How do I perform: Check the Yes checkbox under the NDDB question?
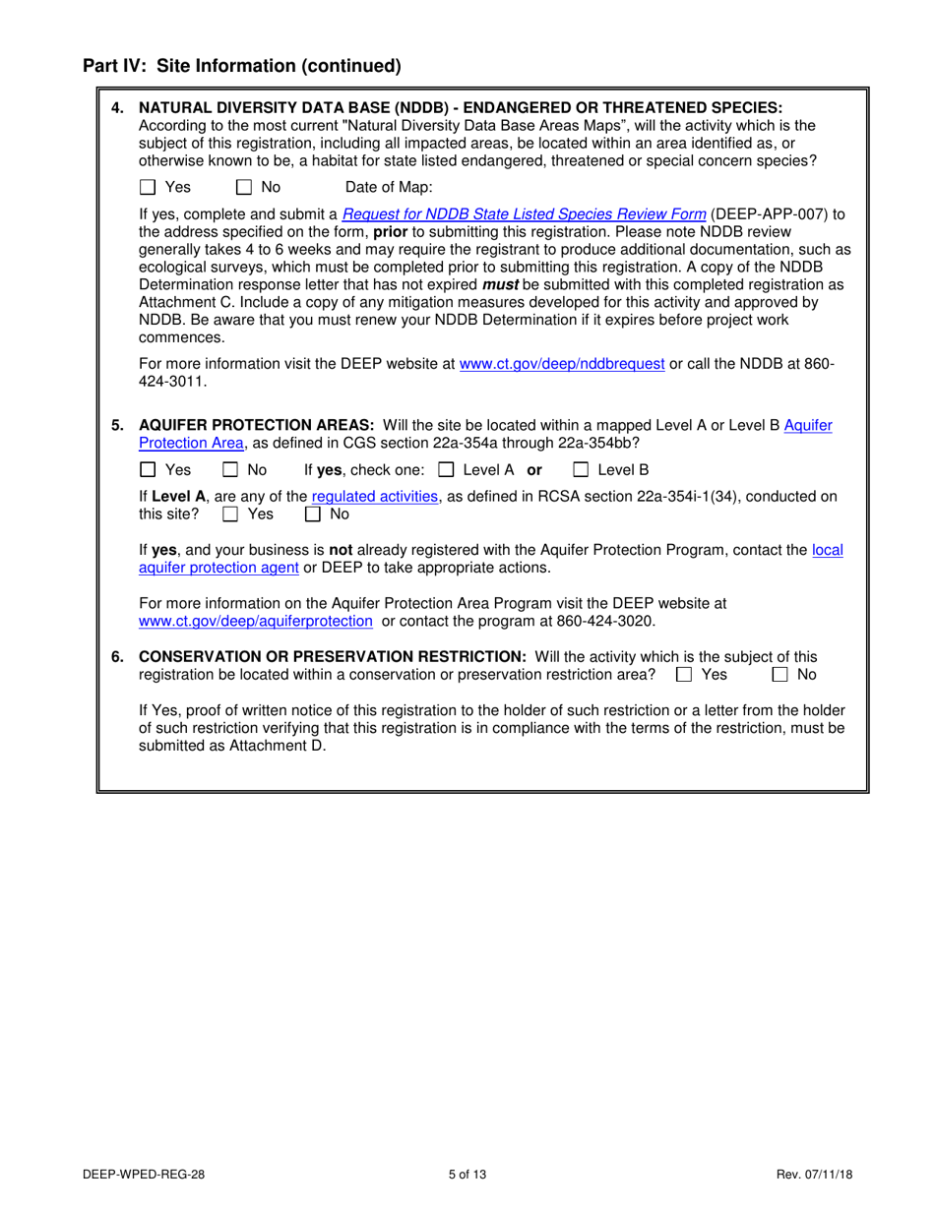(149, 187)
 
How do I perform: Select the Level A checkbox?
(446, 470)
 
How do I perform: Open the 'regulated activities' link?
(375, 497)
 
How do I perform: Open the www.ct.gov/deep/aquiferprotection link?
(256, 621)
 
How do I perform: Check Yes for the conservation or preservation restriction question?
(685, 675)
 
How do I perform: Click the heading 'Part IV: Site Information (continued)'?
(242, 67)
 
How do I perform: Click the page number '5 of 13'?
(467, 1174)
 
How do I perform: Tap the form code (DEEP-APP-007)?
(765, 213)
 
